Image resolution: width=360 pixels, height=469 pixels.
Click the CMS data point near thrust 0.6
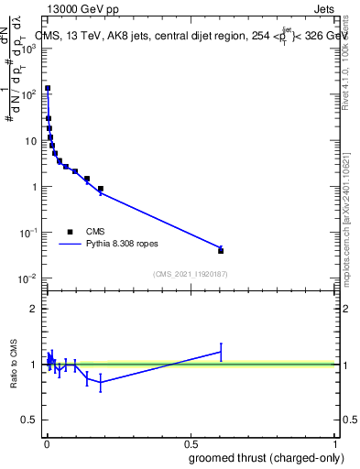point(221,250)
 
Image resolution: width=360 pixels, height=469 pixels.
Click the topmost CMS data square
point(48,89)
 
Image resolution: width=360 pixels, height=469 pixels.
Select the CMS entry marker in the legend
point(70,232)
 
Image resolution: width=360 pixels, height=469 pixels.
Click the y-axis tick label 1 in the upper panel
point(34,186)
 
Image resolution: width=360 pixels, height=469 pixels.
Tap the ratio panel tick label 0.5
point(29,421)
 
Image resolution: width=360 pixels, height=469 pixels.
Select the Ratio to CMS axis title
point(14,365)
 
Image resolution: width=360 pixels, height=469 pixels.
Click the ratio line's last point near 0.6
point(221,352)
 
